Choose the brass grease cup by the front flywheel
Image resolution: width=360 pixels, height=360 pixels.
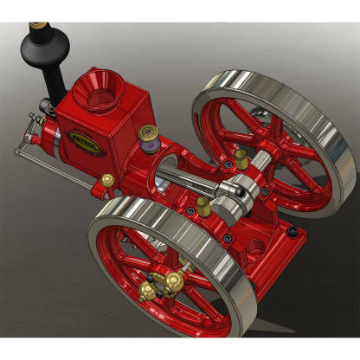[202, 206]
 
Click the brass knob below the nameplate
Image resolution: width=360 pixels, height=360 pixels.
[108, 180]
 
